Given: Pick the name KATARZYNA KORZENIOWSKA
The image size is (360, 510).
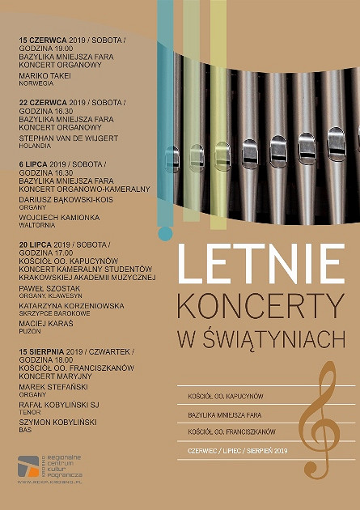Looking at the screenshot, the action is [71, 306].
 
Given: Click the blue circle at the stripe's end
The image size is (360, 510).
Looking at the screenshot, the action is [165, 234].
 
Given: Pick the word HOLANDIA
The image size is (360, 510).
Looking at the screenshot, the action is [35, 147].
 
